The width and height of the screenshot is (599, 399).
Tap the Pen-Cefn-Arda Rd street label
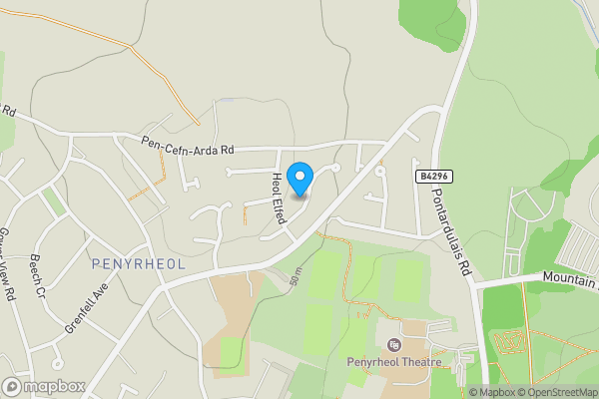coord(187,146)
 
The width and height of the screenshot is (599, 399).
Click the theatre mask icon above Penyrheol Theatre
coord(391,344)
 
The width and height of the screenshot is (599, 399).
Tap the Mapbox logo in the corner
coord(43,386)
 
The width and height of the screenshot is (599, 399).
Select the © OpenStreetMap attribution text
coord(559,392)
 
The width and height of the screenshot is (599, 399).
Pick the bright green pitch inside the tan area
coord(230,352)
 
